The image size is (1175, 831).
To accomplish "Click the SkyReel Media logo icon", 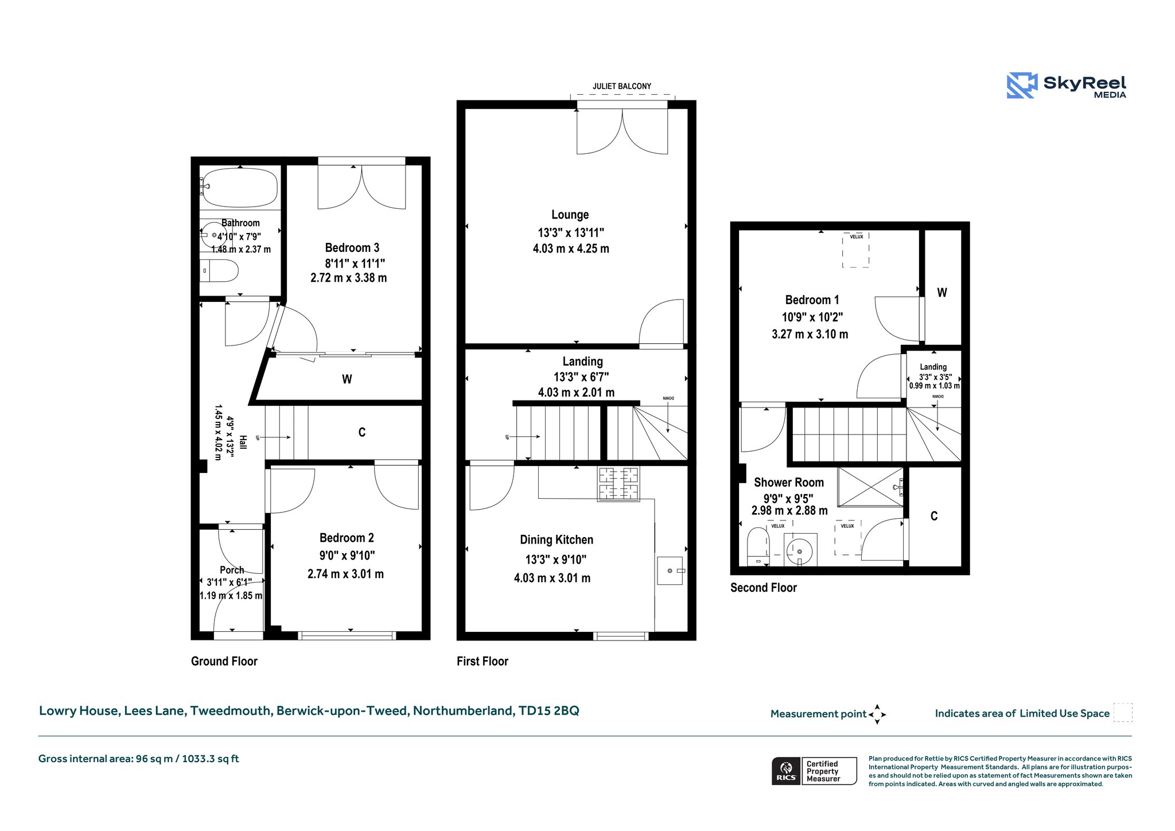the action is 1022,86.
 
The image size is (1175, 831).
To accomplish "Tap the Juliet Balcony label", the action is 622,86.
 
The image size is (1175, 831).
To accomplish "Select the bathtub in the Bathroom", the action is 240,187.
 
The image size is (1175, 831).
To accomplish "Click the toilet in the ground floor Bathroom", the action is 219,270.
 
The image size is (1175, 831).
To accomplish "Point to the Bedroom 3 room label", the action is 352,248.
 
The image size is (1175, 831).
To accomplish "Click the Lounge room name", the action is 570,215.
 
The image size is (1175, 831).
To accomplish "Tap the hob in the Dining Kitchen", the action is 618,484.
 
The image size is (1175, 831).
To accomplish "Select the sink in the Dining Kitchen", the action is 670,570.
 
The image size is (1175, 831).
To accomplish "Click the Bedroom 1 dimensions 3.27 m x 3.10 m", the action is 810,334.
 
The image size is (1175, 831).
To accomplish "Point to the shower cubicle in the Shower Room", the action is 871,487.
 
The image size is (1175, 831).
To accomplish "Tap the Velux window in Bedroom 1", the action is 855,250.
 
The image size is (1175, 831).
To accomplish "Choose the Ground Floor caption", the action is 224,661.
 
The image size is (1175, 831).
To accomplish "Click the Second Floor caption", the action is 764,588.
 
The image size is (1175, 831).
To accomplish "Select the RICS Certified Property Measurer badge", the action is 814,771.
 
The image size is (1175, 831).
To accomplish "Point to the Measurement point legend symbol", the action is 877,714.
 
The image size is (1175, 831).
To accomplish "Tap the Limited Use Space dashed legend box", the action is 1123,712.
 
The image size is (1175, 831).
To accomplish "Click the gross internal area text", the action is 139,759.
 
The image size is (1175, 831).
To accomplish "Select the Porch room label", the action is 232,570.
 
